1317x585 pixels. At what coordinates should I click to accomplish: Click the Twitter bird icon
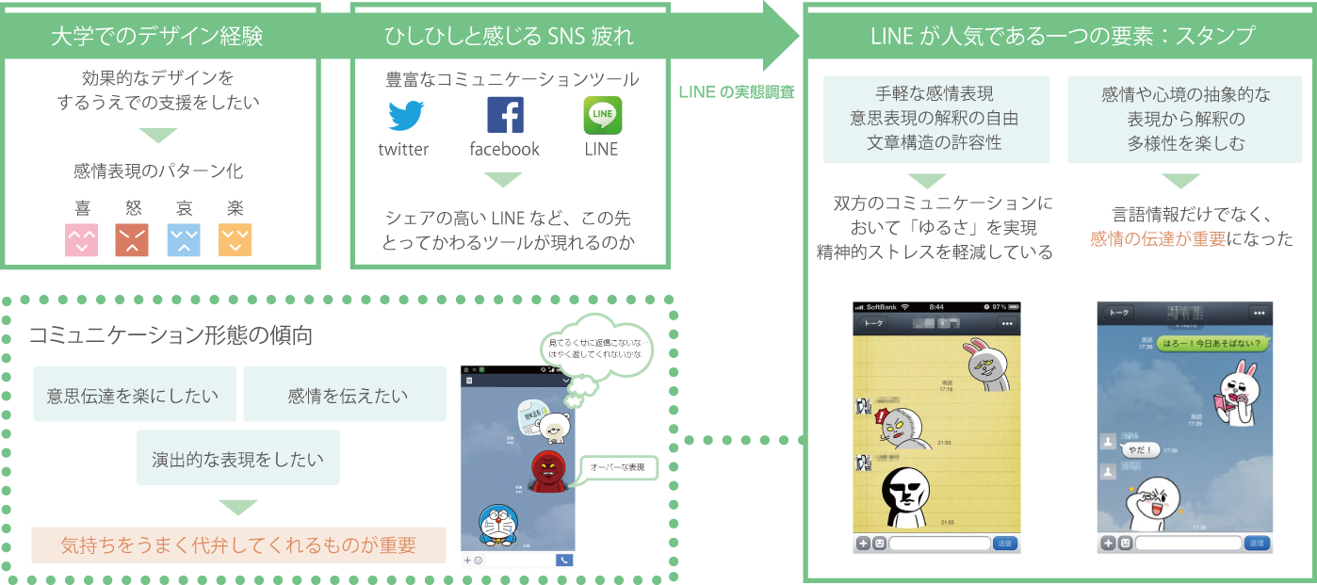point(405,115)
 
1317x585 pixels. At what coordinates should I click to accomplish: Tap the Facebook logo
point(505,115)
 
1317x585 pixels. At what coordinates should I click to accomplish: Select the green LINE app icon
point(602,115)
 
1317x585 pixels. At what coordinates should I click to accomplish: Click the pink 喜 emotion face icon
point(81,239)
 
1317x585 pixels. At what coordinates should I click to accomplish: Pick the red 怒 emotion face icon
point(132,239)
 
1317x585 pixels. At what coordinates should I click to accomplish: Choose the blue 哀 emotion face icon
point(184,239)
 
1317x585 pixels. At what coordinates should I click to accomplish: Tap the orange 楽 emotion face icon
point(236,239)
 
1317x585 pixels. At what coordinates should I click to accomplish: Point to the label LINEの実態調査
point(737,91)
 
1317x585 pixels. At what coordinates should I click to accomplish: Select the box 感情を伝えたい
point(345,394)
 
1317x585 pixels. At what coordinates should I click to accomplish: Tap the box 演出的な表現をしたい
point(237,458)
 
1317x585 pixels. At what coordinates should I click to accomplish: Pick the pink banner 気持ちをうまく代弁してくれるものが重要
point(238,544)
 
